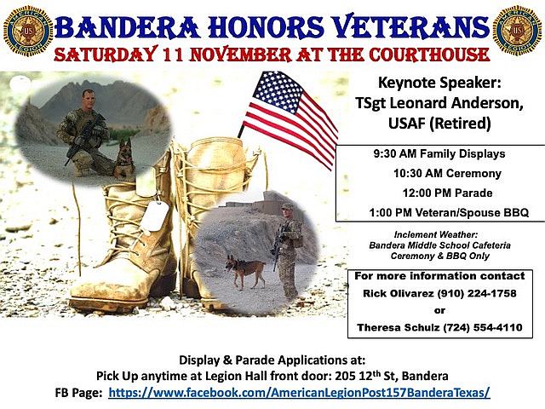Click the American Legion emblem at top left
click(x=28, y=31)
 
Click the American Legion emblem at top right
click(x=518, y=31)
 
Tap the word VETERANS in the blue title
click(x=410, y=26)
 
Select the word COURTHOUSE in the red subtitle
click(x=429, y=55)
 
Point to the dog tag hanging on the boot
click(x=155, y=216)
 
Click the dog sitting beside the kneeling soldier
click(x=124, y=158)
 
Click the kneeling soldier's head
click(x=89, y=99)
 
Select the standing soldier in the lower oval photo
click(x=288, y=251)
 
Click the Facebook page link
click(x=299, y=393)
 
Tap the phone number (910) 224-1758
click(x=477, y=293)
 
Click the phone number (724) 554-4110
click(x=483, y=327)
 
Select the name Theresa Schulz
click(x=399, y=327)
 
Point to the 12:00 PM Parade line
click(x=447, y=193)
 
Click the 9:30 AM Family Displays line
click(x=439, y=153)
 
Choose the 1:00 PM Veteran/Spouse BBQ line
click(x=449, y=212)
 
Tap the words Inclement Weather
click(x=436, y=234)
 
